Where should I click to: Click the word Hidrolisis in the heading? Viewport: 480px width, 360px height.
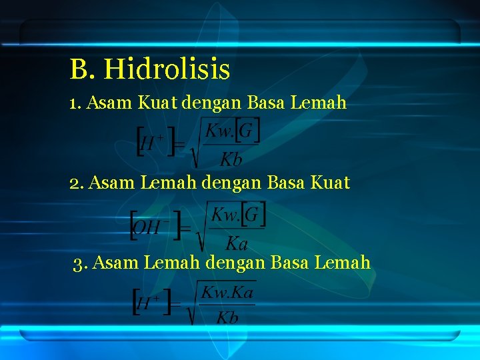167,69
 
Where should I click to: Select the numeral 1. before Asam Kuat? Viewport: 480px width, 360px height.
75,103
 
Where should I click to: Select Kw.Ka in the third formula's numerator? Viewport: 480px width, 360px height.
227,292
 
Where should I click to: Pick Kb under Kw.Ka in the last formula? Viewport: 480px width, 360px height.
227,317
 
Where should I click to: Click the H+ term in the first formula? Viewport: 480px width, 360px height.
154,141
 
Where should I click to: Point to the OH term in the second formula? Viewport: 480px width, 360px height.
148,226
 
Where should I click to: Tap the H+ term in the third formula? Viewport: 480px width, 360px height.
150,304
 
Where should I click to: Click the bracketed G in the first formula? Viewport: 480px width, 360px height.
247,131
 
